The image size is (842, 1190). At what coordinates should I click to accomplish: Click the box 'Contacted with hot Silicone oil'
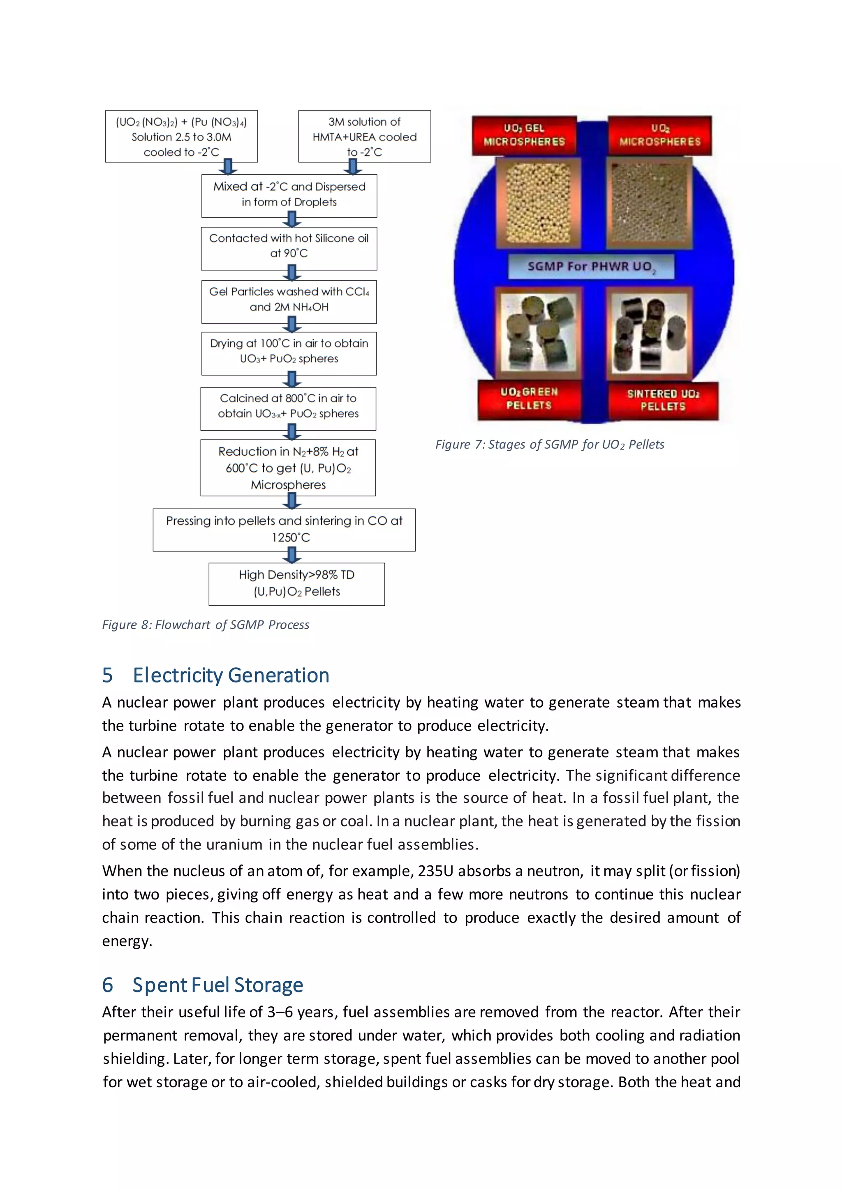point(289,248)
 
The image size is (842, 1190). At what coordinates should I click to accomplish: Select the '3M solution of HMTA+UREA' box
point(365,136)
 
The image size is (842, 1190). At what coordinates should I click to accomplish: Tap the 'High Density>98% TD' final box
point(296,583)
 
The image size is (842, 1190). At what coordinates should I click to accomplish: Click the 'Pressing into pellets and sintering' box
point(284,529)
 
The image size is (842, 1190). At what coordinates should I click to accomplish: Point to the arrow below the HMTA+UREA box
point(353,167)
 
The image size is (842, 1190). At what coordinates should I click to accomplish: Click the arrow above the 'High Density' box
point(292,556)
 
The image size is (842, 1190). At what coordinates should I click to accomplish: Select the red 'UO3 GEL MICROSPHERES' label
point(524,135)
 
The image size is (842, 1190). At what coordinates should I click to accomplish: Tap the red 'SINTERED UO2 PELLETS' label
point(663,400)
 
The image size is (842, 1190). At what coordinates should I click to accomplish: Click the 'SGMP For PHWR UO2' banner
point(591,266)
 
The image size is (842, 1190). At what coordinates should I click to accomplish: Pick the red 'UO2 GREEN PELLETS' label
point(529,399)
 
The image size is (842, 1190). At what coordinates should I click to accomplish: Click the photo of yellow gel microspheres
point(538,203)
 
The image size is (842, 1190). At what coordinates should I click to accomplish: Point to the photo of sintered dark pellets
point(649,333)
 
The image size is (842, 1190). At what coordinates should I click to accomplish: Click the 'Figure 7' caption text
point(550,445)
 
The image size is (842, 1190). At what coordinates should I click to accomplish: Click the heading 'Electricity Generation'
point(231,676)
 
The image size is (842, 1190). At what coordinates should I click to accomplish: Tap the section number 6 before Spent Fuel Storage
point(107,985)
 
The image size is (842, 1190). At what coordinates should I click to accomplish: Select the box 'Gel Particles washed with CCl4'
point(289,300)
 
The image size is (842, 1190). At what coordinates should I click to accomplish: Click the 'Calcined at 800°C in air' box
point(288,406)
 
